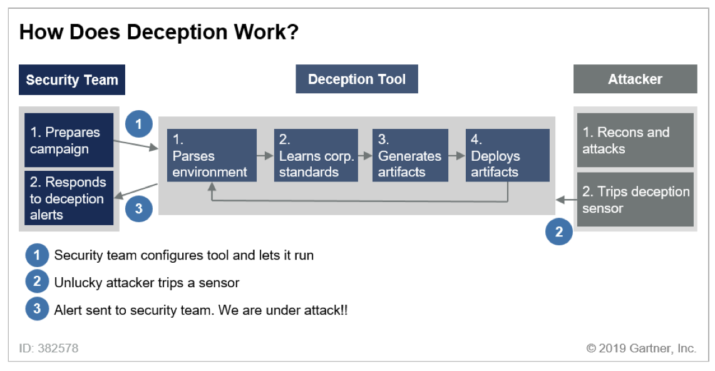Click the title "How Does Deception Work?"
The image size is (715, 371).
pos(158,32)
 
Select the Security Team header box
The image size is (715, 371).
pos(72,79)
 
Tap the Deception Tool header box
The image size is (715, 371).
pos(356,79)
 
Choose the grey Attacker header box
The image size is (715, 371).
pos(635,79)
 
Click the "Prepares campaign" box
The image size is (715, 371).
pos(69,140)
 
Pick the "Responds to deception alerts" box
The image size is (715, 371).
pos(69,198)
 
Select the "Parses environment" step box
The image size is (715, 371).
pos(212,155)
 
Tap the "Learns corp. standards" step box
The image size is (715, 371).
pos(316,155)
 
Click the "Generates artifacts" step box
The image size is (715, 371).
pos(410,155)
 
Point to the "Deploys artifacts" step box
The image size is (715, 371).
pos(507,155)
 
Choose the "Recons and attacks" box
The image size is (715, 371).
pos(635,140)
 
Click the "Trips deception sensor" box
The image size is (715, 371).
pos(635,200)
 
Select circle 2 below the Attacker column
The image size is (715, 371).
pos(558,232)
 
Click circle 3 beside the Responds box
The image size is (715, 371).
pos(139,208)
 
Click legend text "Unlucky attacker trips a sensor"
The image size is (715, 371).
pos(147,283)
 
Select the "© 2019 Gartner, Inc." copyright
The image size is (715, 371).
pos(641,348)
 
